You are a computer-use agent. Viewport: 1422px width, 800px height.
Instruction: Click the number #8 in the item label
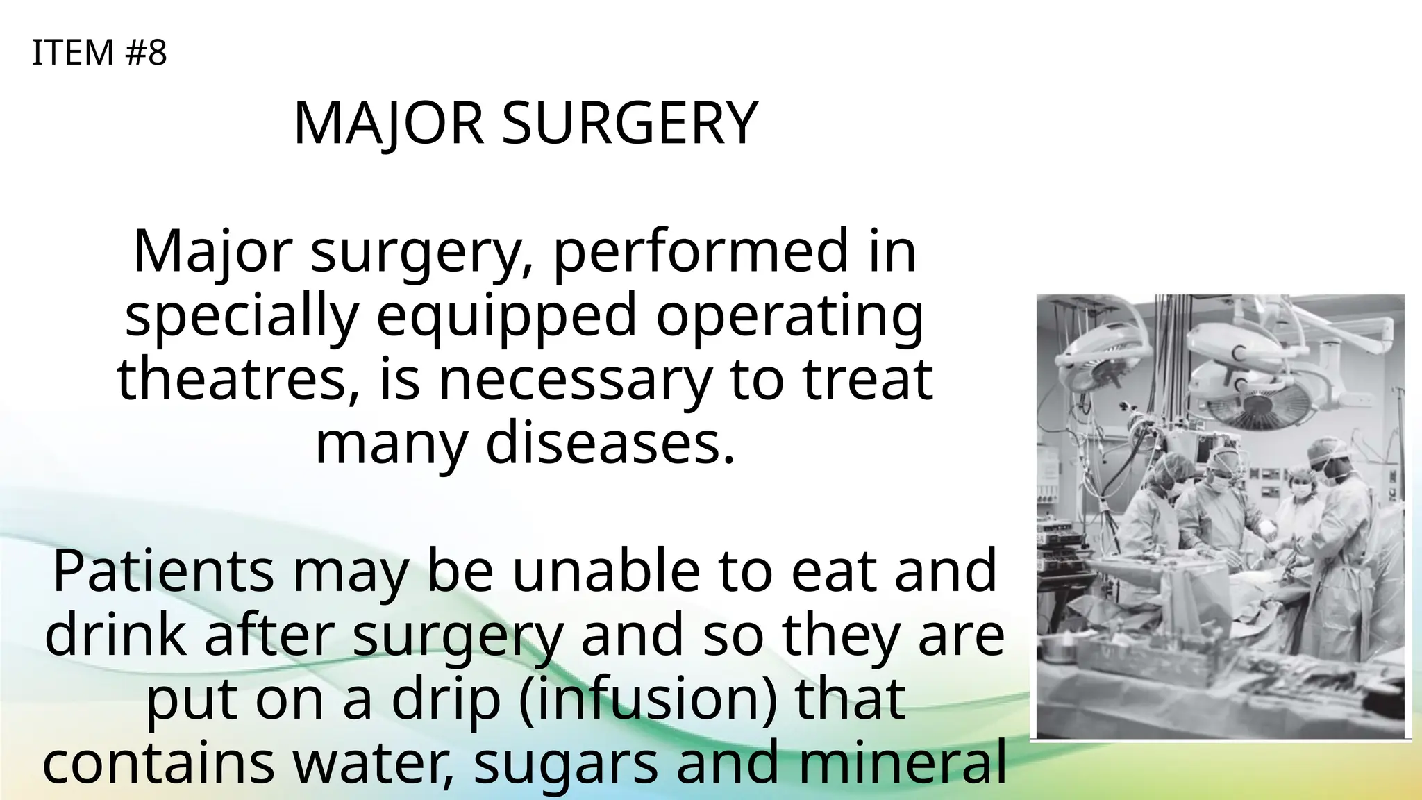click(147, 53)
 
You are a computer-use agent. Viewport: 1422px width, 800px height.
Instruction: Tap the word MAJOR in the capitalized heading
click(388, 124)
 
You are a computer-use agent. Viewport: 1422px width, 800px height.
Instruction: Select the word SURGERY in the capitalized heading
click(629, 124)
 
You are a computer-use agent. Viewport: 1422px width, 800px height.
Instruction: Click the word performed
click(701, 251)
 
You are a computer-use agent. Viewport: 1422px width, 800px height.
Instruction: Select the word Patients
click(163, 571)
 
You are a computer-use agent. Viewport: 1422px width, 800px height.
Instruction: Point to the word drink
click(115, 635)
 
